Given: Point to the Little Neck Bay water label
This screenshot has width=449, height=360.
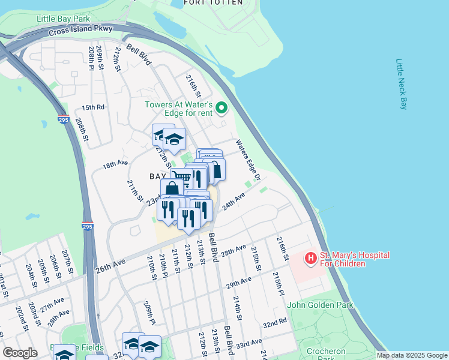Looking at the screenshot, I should [401, 84].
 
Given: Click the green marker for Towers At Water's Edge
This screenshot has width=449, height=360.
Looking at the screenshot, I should [221, 109].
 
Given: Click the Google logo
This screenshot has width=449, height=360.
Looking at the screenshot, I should [20, 353].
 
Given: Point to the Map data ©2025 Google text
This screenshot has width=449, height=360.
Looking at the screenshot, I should [411, 355].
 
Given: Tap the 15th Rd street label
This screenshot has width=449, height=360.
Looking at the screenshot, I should [93, 107].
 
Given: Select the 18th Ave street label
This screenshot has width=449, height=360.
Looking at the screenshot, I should [115, 164].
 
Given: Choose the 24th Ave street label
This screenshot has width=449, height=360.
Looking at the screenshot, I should [234, 201].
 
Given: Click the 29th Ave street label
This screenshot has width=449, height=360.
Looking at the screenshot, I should [239, 281].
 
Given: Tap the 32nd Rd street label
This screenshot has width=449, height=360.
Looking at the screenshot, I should [275, 323].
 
